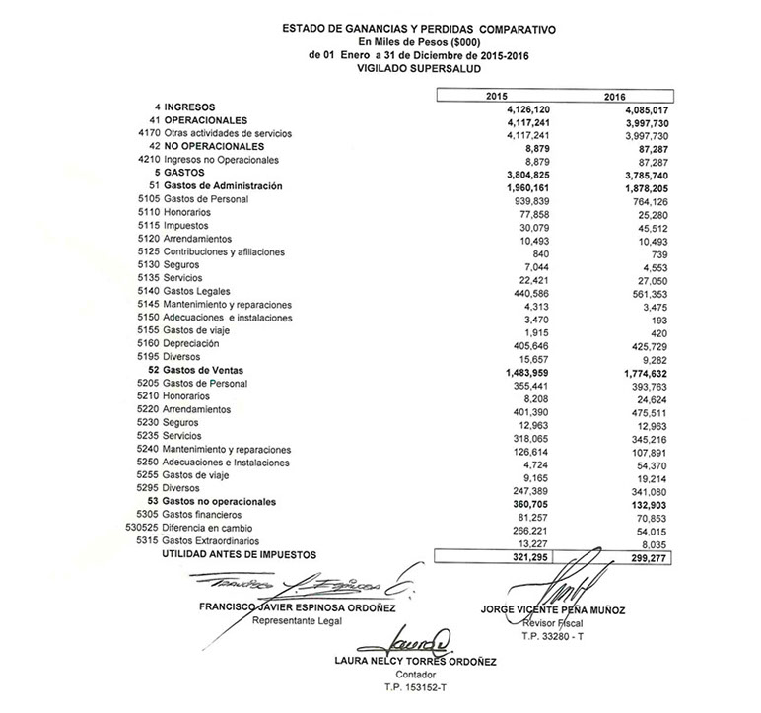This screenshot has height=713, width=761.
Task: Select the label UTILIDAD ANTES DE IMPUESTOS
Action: point(235,555)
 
